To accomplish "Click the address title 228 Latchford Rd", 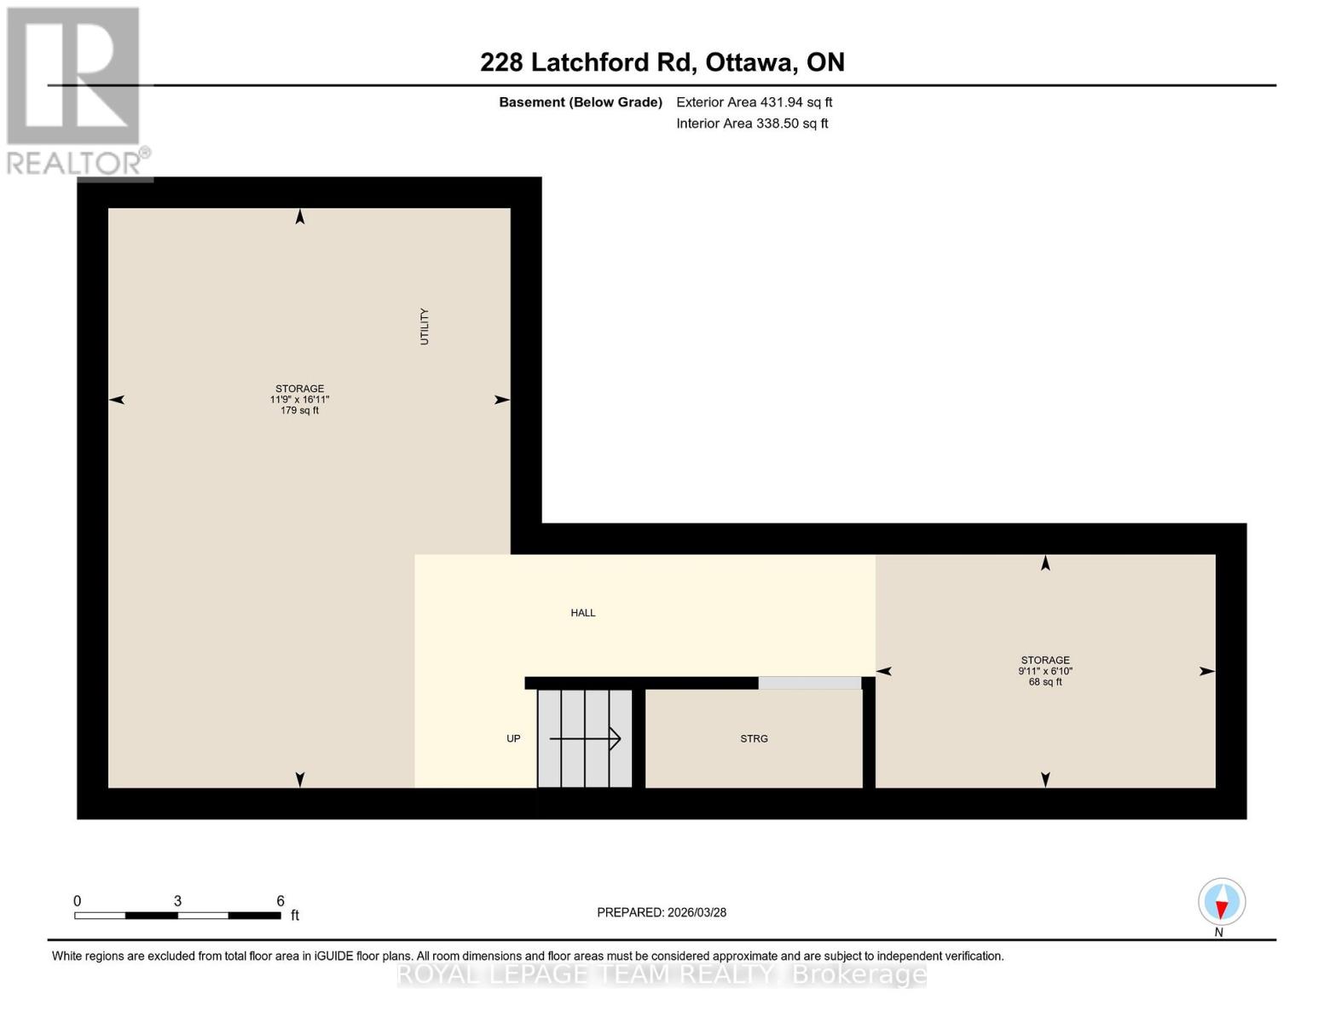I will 662,62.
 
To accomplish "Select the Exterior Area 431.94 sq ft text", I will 754,102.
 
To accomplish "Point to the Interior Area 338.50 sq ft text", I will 752,124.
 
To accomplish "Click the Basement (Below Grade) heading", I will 580,102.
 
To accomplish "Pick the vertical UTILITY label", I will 425,327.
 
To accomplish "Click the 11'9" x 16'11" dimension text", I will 299,400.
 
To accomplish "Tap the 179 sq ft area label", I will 299,411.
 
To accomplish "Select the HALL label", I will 583,613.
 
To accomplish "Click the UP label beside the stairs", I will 513,739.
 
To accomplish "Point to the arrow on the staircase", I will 586,738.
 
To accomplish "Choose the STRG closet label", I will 754,739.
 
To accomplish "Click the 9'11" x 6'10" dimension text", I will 1045,672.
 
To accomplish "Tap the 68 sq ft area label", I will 1045,682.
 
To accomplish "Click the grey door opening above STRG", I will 809,683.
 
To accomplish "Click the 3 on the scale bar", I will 177,901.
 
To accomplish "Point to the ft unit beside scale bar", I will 295,916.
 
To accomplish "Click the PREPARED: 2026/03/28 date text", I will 662,913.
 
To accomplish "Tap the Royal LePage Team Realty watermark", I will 662,974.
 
